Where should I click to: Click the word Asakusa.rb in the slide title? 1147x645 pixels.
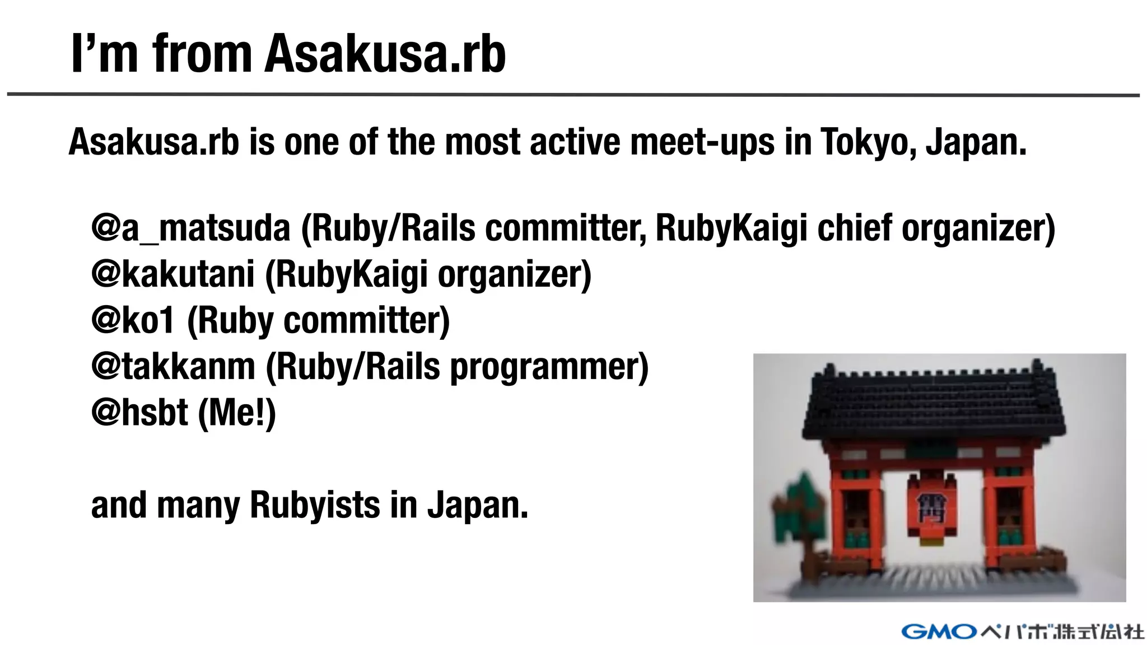(385, 54)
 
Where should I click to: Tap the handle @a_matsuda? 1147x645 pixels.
(191, 228)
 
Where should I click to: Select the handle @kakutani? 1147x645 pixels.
(173, 274)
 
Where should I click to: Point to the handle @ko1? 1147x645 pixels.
(133, 321)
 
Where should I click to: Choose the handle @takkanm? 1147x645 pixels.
(173, 367)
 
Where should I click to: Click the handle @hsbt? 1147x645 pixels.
(139, 413)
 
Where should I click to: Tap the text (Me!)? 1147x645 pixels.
(237, 413)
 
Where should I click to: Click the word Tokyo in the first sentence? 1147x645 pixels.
(868, 142)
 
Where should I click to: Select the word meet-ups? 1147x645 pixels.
(702, 142)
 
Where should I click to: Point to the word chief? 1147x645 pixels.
(855, 228)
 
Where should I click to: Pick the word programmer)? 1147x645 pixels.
(549, 367)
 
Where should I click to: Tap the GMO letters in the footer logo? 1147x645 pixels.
(939, 632)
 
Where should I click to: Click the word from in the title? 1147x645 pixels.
(202, 54)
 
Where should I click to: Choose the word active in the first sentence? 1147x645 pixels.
(575, 142)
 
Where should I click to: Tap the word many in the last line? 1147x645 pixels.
(198, 505)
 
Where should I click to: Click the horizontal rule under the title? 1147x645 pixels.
(573, 95)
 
